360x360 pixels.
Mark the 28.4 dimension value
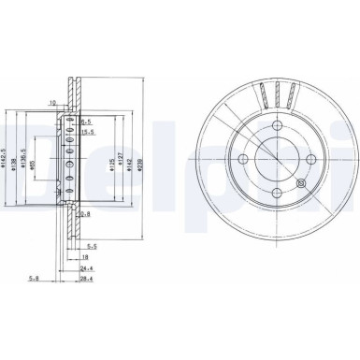tap(88, 278)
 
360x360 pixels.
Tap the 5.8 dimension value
tap(35, 278)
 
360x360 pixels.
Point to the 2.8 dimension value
tap(85, 214)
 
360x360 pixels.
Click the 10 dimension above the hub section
tap(53, 102)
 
